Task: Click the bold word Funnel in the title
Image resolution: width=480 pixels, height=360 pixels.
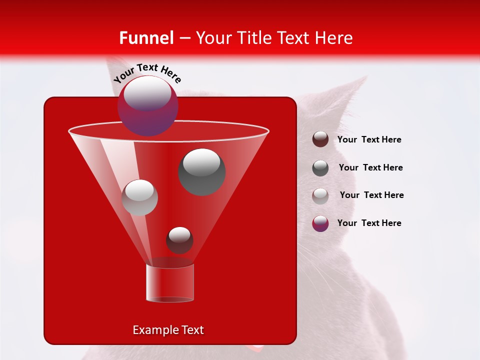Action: pyautogui.click(x=146, y=37)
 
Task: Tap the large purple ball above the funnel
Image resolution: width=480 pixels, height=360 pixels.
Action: pyautogui.click(x=147, y=105)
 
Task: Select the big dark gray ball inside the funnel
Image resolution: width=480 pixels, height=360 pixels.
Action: pyautogui.click(x=202, y=171)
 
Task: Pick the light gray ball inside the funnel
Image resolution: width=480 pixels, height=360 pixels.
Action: pyautogui.click(x=140, y=197)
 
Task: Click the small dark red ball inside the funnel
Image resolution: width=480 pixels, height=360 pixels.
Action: pyautogui.click(x=179, y=240)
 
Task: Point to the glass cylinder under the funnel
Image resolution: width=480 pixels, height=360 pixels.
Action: pyautogui.click(x=170, y=283)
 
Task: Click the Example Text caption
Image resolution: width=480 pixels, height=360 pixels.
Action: pyautogui.click(x=168, y=330)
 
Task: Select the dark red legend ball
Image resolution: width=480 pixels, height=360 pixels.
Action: pyautogui.click(x=320, y=139)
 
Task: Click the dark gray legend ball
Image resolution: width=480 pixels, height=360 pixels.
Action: pyautogui.click(x=320, y=168)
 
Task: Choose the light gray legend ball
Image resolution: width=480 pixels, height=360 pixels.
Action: pyautogui.click(x=320, y=195)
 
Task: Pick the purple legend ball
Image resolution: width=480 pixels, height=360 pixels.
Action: pyautogui.click(x=320, y=223)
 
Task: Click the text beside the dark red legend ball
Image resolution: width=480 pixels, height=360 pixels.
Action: pyautogui.click(x=369, y=139)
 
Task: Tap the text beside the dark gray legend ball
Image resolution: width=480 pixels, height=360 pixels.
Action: pyautogui.click(x=370, y=167)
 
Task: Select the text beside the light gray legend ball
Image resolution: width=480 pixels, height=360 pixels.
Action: pyautogui.click(x=371, y=195)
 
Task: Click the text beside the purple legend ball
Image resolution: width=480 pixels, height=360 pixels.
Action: pyautogui.click(x=369, y=223)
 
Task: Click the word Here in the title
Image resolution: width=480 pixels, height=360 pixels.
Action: pyautogui.click(x=334, y=37)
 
